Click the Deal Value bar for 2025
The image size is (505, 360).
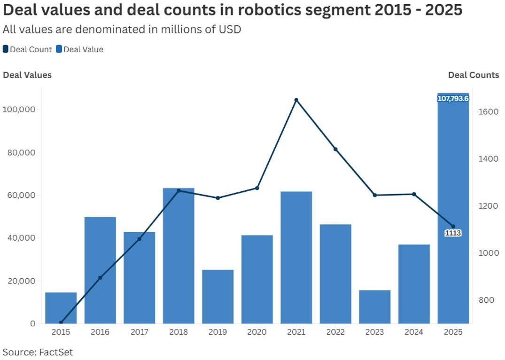tap(453, 211)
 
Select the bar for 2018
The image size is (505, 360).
tap(179, 256)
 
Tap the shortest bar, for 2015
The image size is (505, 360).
tap(61, 308)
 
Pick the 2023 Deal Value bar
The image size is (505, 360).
tap(374, 307)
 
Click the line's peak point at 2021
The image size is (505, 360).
tap(296, 100)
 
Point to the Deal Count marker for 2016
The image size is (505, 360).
tap(100, 278)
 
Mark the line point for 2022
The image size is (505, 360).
tap(335, 149)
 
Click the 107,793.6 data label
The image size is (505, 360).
tap(453, 99)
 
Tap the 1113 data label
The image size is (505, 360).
tap(453, 233)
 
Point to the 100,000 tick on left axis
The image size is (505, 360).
tap(19, 110)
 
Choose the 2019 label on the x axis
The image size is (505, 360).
tap(218, 332)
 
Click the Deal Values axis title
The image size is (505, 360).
tap(27, 75)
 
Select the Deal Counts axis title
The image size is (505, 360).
tap(474, 75)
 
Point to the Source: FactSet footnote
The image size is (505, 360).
tap(38, 352)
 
